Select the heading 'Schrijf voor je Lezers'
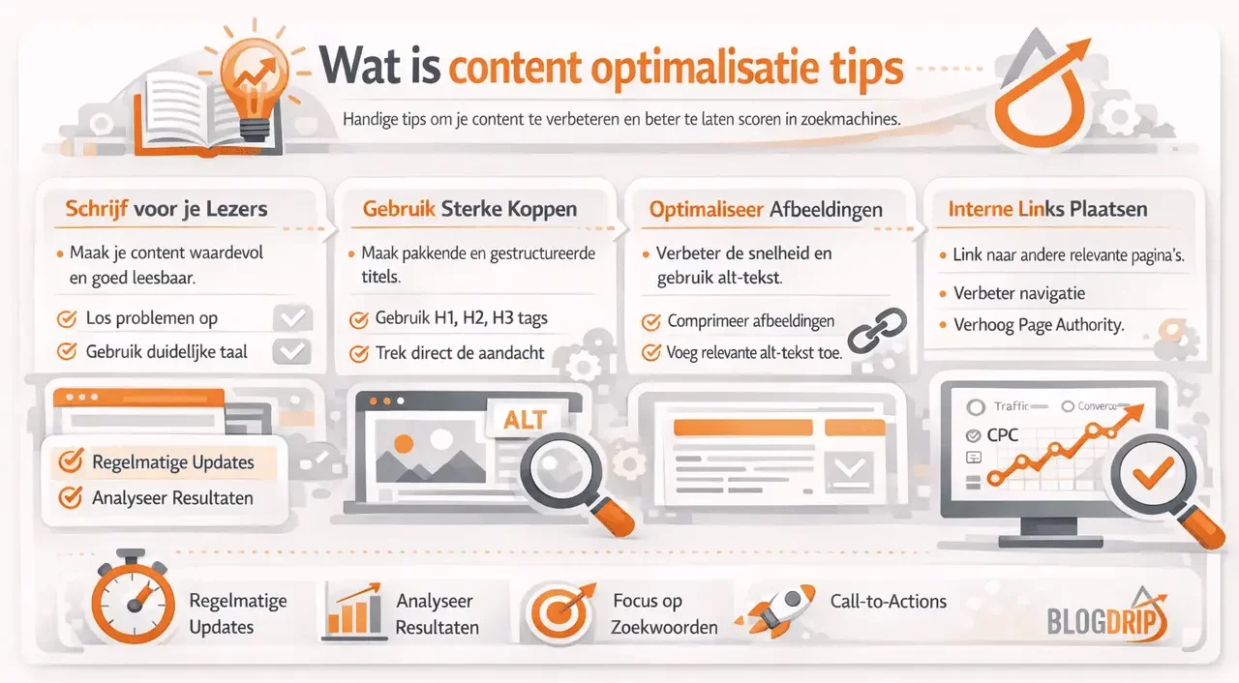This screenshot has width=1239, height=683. point(166,209)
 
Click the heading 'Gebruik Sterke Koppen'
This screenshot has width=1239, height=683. point(469,209)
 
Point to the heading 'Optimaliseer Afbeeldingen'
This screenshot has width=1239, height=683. point(766,209)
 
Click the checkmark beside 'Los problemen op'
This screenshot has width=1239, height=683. point(68,318)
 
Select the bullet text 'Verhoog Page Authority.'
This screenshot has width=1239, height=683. point(1039,325)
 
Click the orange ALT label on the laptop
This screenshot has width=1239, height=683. point(526,419)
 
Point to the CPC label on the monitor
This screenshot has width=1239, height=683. point(1002,435)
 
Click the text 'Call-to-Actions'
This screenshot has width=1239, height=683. point(888,601)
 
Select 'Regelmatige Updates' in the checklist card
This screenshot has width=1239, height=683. point(172,462)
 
